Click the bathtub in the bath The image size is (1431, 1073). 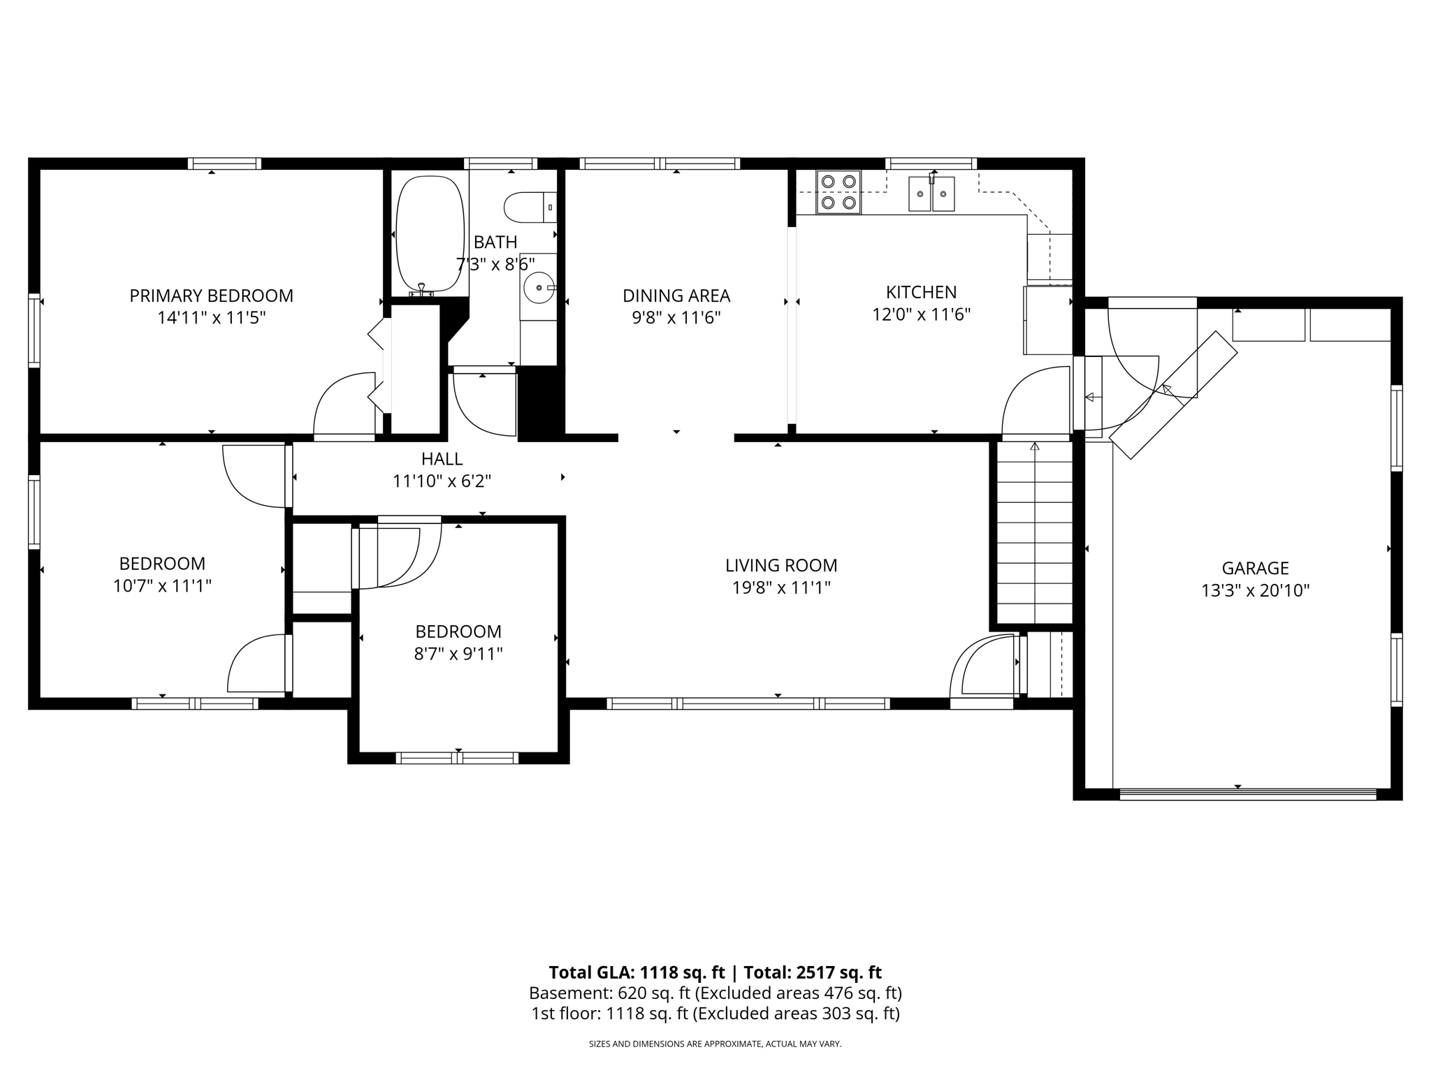point(430,234)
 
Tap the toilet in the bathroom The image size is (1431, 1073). point(529,207)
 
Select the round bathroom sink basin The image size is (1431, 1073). point(539,287)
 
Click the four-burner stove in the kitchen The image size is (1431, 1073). point(838,192)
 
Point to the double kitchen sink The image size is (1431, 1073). point(931,194)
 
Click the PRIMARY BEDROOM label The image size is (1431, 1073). point(211,295)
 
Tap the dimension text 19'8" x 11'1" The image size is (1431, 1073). point(780,587)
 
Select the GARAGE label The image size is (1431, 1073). point(1255,568)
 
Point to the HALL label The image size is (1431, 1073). point(442,459)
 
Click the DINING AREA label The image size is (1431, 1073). point(676,295)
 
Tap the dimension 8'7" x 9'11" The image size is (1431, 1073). point(458,654)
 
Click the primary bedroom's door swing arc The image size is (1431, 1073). point(342,405)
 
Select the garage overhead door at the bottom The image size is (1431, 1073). point(1247,794)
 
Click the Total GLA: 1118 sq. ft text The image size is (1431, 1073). point(637,972)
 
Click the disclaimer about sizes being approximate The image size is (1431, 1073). point(715,1044)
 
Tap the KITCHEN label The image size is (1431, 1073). point(921,292)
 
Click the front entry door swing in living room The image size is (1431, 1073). point(982,667)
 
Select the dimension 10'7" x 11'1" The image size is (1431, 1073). point(162,585)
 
